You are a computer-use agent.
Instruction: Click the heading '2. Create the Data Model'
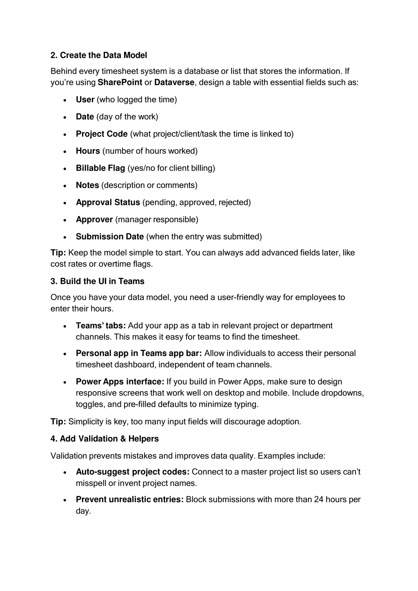pyautogui.click(x=99, y=55)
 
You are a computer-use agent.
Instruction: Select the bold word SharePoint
pyautogui.click(x=120, y=82)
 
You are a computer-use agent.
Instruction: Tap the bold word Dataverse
pyautogui.click(x=174, y=82)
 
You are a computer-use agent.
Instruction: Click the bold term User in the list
pyautogui.click(x=85, y=100)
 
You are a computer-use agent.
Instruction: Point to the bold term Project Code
pyautogui.click(x=102, y=134)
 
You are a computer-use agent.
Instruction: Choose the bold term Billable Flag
pyautogui.click(x=100, y=168)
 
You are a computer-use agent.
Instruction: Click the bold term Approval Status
pyautogui.click(x=108, y=202)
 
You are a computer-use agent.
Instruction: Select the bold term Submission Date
pyautogui.click(x=110, y=237)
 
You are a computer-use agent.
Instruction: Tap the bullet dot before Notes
pyautogui.click(x=65, y=186)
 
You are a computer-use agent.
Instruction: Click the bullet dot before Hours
pyautogui.click(x=65, y=152)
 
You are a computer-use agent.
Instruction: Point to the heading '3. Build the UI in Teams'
pyautogui.click(x=98, y=281)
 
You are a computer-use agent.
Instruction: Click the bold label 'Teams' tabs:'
pyautogui.click(x=101, y=325)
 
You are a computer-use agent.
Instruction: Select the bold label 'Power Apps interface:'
pyautogui.click(x=120, y=382)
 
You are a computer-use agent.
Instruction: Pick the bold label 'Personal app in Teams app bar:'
pyautogui.click(x=139, y=353)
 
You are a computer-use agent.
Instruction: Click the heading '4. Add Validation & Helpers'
pyautogui.click(x=104, y=439)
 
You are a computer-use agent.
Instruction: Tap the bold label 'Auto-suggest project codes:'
pyautogui.click(x=133, y=472)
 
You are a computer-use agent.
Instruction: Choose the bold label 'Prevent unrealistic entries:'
pyautogui.click(x=130, y=500)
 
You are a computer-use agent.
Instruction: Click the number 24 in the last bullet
pyautogui.click(x=319, y=500)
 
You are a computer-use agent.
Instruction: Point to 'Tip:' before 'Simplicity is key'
pyautogui.click(x=58, y=422)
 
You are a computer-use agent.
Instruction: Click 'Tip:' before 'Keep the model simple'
pyautogui.click(x=58, y=253)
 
